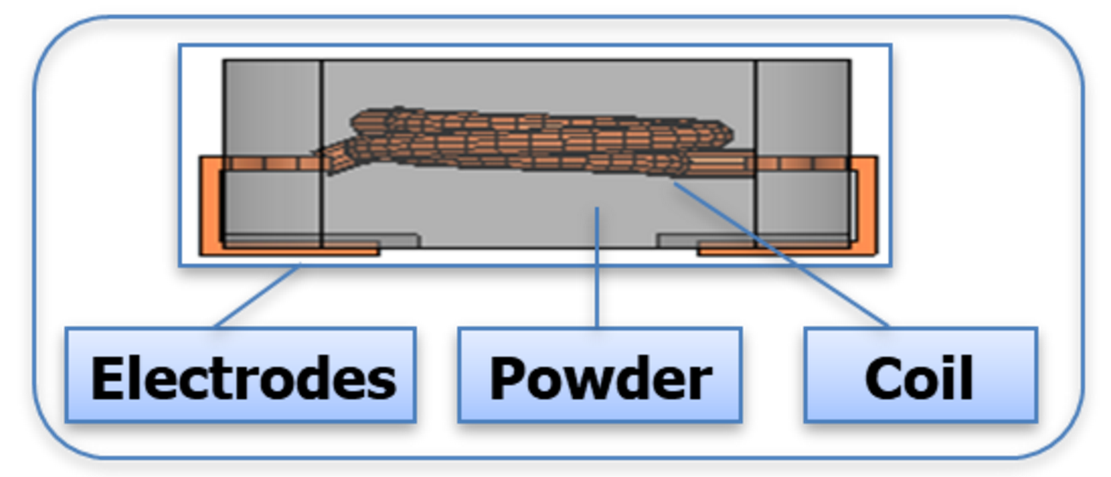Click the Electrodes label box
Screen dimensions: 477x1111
pos(240,374)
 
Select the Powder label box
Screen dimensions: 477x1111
pos(599,374)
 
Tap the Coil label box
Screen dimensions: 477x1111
pos(920,374)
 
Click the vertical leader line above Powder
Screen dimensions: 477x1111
pos(598,266)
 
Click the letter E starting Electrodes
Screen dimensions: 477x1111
pos(106,378)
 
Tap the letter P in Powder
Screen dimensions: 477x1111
pos(507,378)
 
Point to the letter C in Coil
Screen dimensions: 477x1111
pos(882,378)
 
